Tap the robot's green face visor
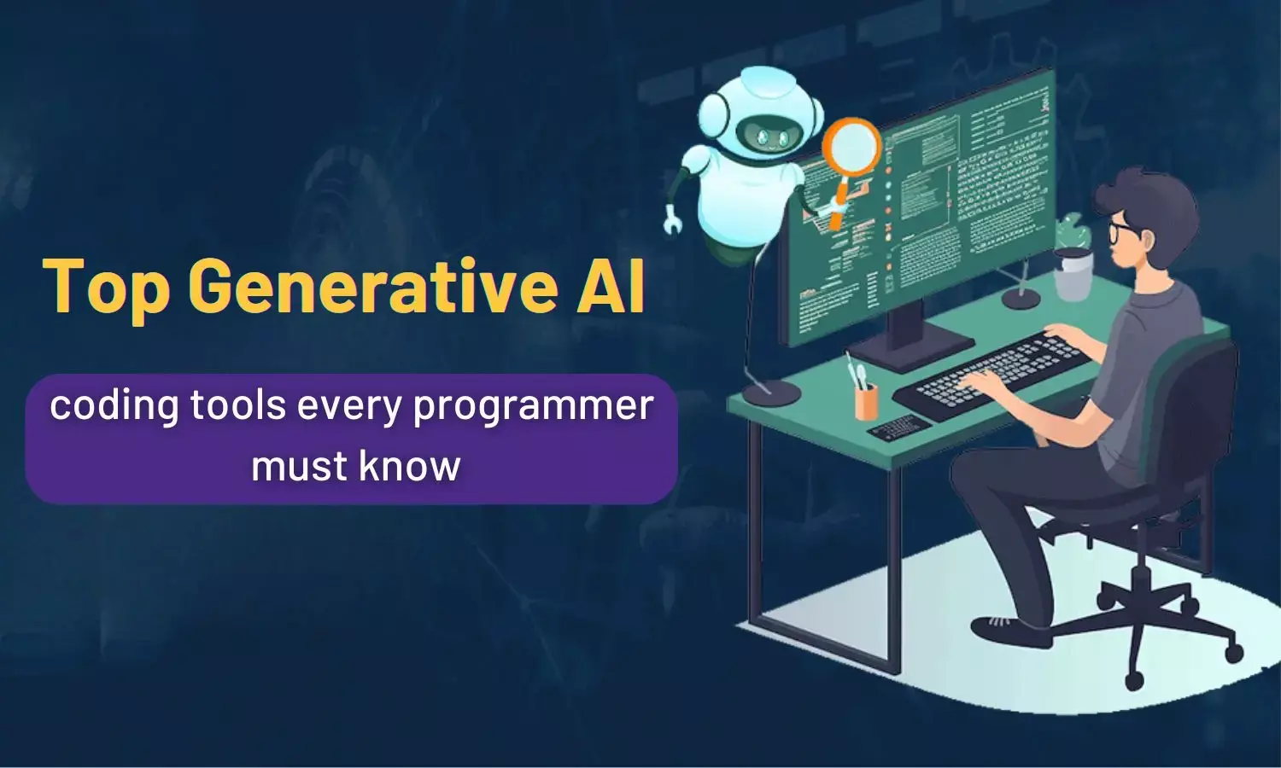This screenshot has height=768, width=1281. (761, 135)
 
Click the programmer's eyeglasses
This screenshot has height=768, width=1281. (1121, 230)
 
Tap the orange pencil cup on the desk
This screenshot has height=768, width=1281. (866, 400)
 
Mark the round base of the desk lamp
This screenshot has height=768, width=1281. (770, 393)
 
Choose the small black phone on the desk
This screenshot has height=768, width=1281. (898, 425)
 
